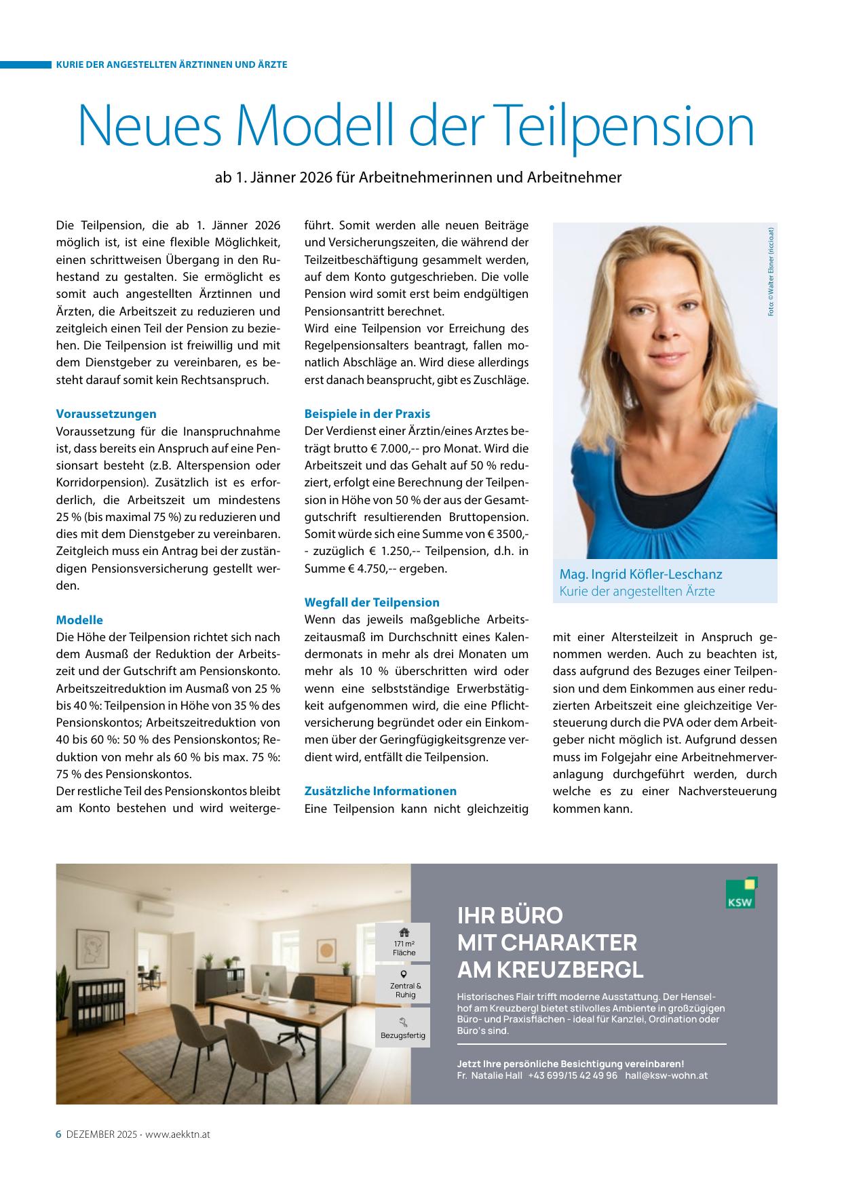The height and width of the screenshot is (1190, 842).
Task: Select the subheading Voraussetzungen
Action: tap(106, 414)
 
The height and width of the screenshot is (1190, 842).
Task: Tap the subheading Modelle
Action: tap(79, 620)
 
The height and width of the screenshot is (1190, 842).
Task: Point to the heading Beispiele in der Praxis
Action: tap(367, 414)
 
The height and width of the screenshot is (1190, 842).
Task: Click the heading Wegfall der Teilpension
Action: tap(372, 602)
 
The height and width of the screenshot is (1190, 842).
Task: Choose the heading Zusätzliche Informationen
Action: tap(380, 791)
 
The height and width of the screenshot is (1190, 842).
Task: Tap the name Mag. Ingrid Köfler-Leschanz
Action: tap(640, 574)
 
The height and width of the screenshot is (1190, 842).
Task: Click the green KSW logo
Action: tap(741, 893)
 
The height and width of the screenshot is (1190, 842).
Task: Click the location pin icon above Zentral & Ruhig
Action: tap(403, 975)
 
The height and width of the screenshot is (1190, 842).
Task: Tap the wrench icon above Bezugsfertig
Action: tap(403, 1022)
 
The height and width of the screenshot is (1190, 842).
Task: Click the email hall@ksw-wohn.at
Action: tap(666, 1075)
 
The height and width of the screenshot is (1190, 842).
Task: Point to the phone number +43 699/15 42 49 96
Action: tap(573, 1075)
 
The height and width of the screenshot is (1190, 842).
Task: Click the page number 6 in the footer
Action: tap(58, 1134)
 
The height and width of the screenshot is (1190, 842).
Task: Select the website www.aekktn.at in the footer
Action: tap(178, 1134)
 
